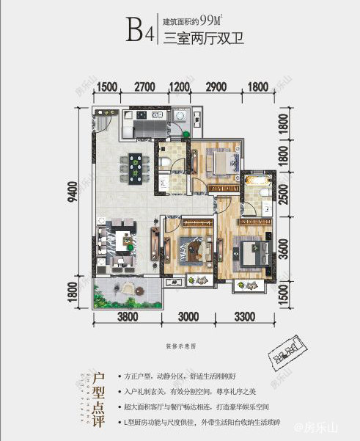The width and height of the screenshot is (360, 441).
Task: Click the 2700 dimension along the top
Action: pos(144,87)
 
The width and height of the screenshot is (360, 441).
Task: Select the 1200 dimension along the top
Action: pos(180,87)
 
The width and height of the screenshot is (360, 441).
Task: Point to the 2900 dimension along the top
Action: pos(216,87)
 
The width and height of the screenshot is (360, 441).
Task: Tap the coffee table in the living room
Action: pos(120,240)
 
